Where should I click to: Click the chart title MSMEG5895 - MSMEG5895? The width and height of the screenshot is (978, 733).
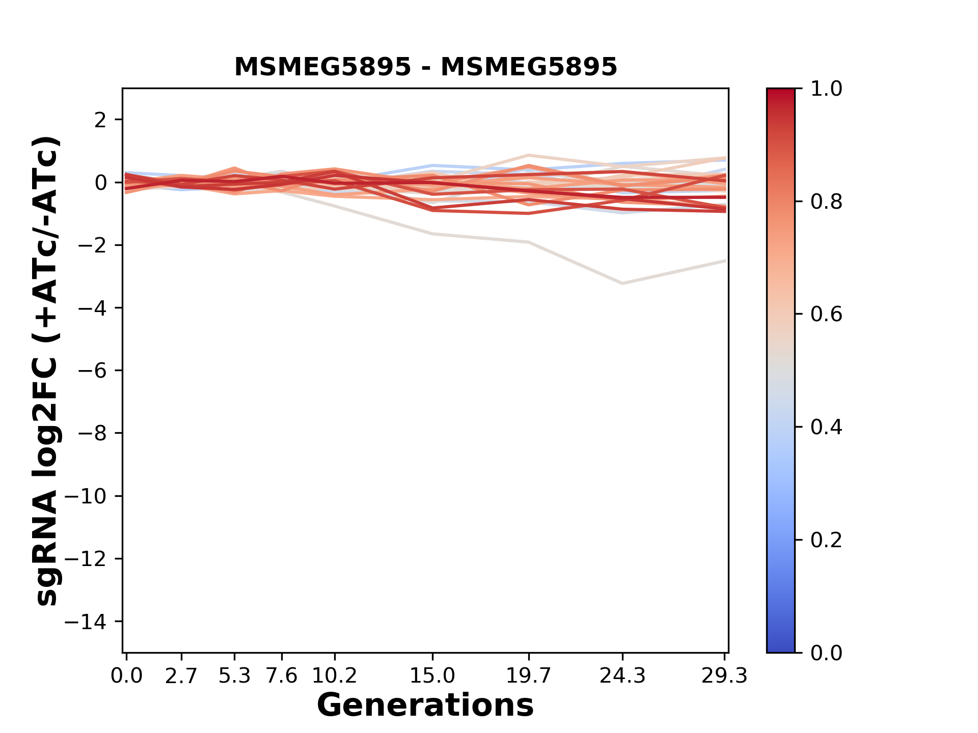pyautogui.click(x=425, y=67)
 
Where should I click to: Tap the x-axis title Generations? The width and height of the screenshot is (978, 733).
pyautogui.click(x=425, y=706)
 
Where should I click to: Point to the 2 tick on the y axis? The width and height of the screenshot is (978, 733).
pyautogui.click(x=100, y=120)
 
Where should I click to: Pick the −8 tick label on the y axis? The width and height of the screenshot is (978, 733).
pyautogui.click(x=92, y=433)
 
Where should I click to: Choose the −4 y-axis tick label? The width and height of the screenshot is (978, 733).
pyautogui.click(x=92, y=308)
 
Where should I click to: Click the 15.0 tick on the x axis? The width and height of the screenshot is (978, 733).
pyautogui.click(x=432, y=676)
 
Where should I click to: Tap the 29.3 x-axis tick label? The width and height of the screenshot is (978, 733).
pyautogui.click(x=724, y=676)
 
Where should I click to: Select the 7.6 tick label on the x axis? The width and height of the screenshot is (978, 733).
pyautogui.click(x=282, y=676)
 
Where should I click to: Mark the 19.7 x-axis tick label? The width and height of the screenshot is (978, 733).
pyautogui.click(x=529, y=676)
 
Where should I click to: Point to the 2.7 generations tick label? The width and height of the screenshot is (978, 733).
pyautogui.click(x=181, y=676)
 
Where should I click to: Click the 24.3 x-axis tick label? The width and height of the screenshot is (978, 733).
pyautogui.click(x=622, y=676)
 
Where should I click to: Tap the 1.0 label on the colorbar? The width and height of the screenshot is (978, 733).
pyautogui.click(x=826, y=89)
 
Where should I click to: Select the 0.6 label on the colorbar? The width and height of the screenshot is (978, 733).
pyautogui.click(x=826, y=315)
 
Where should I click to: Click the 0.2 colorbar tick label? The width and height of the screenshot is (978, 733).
pyautogui.click(x=826, y=540)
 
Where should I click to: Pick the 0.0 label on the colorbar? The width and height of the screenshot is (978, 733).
pyautogui.click(x=826, y=653)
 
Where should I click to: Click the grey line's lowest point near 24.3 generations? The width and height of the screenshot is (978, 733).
pyautogui.click(x=622, y=283)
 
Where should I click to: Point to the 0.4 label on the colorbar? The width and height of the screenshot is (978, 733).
pyautogui.click(x=826, y=427)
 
